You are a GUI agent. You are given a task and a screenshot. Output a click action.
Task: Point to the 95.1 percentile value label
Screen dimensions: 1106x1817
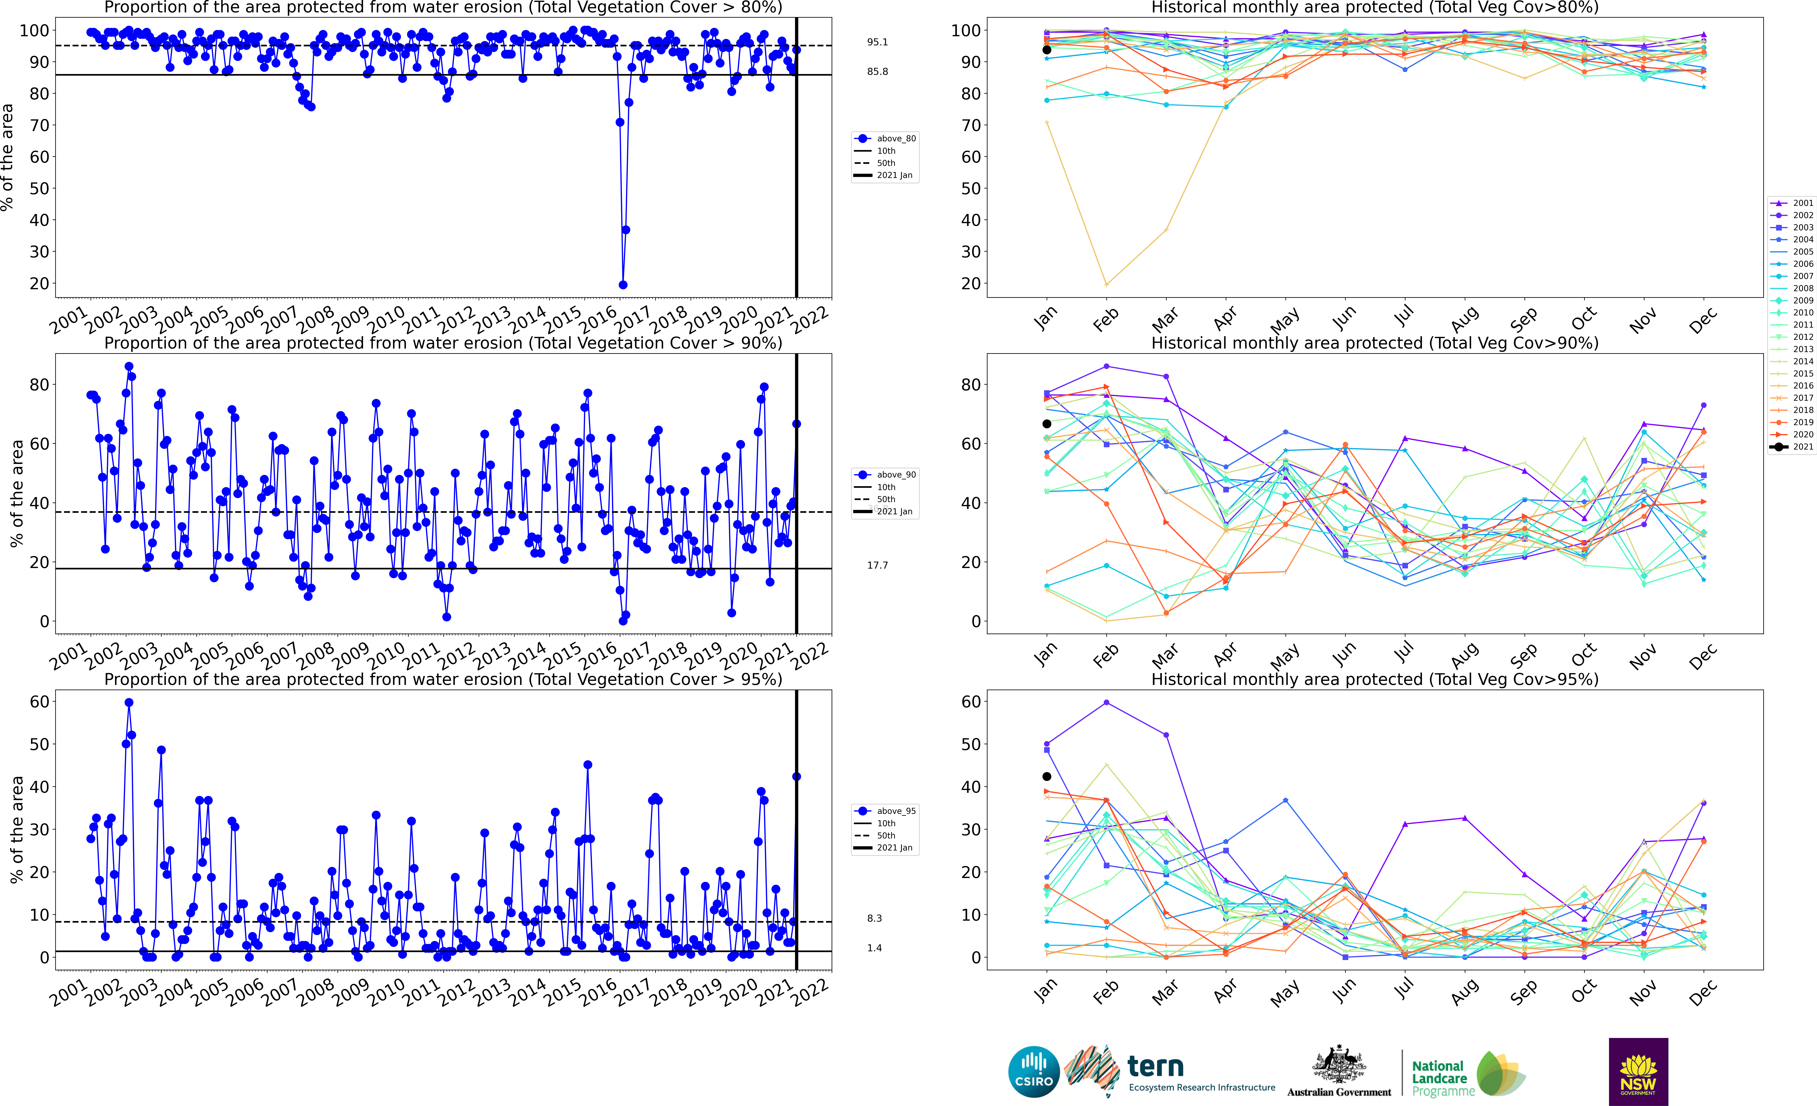878,42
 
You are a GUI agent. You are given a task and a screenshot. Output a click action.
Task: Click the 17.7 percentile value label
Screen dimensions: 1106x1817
878,566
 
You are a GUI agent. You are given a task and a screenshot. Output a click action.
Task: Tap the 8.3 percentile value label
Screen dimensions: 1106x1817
875,918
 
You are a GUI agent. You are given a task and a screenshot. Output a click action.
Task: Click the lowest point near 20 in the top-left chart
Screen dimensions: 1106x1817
623,285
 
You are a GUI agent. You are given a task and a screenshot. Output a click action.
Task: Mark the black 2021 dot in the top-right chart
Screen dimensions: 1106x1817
1046,50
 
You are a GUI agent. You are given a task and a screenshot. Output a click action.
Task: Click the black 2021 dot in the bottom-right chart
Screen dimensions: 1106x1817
1046,776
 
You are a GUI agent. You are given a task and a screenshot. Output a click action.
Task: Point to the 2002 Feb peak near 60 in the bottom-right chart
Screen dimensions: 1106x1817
1106,703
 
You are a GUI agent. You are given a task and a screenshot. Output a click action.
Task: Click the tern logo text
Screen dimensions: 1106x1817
1156,1066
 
